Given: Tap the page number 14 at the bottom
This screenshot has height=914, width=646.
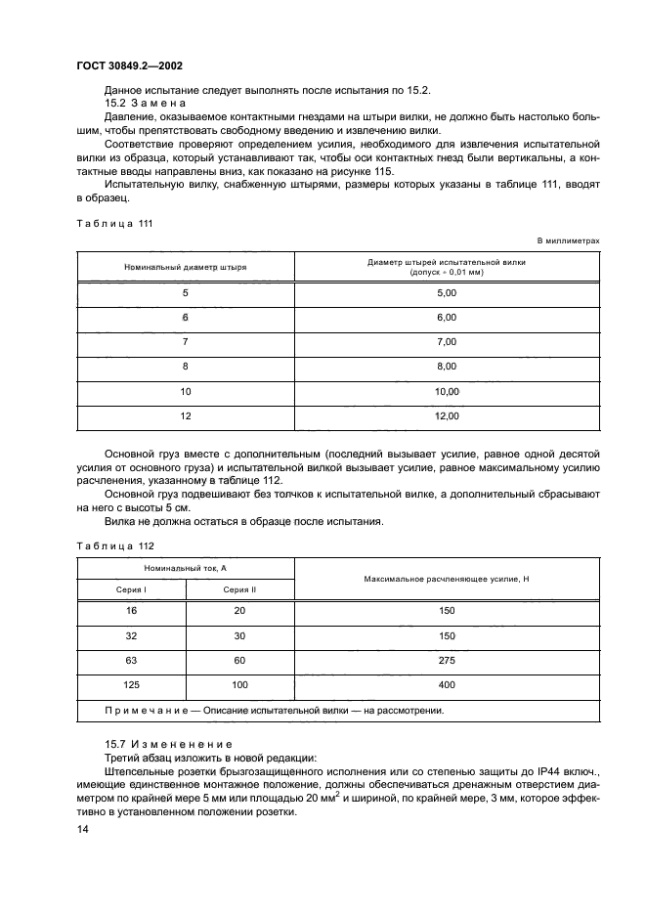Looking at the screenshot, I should [x=81, y=829].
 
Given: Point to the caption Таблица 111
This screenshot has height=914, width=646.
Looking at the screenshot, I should [x=112, y=223].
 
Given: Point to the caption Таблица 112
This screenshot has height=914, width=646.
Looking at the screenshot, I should [x=112, y=544].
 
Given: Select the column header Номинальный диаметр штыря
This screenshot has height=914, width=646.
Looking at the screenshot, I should [x=185, y=266].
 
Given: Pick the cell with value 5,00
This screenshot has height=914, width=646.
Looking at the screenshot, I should [x=447, y=293].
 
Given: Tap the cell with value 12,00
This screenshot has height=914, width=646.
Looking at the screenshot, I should [x=447, y=415].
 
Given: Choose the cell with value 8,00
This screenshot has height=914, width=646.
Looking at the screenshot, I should [x=447, y=367].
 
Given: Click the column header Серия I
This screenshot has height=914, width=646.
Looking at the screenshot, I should [x=130, y=589].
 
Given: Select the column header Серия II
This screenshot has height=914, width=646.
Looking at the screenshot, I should [x=239, y=589].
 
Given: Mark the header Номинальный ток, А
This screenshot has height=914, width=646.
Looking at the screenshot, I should [x=185, y=567].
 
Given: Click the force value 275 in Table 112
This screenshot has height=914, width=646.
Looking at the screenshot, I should [x=447, y=660].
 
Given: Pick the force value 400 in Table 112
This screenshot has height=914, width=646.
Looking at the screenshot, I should [x=447, y=684].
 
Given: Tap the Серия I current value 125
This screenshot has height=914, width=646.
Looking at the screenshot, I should [x=130, y=684].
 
